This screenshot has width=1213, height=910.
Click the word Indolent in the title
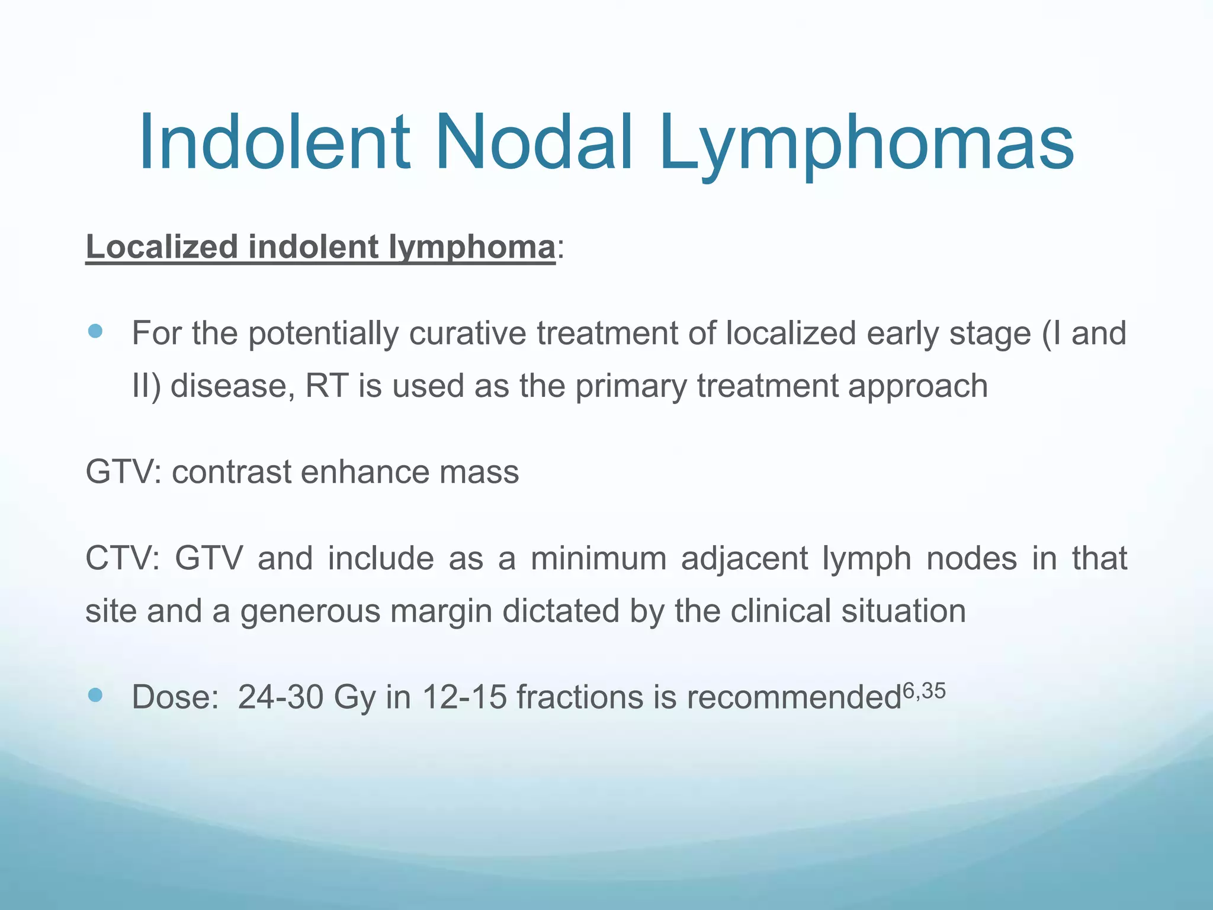(274, 144)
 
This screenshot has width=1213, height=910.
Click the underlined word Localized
(162, 246)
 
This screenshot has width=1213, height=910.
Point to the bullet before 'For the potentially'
(95, 331)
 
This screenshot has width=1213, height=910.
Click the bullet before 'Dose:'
(95, 695)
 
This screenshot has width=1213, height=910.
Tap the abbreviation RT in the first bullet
(326, 386)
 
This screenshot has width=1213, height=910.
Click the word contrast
(231, 472)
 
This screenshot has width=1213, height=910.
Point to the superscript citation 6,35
(924, 691)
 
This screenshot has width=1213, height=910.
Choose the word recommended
(794, 697)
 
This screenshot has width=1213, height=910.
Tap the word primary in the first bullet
(631, 386)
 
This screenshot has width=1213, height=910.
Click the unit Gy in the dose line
(355, 698)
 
